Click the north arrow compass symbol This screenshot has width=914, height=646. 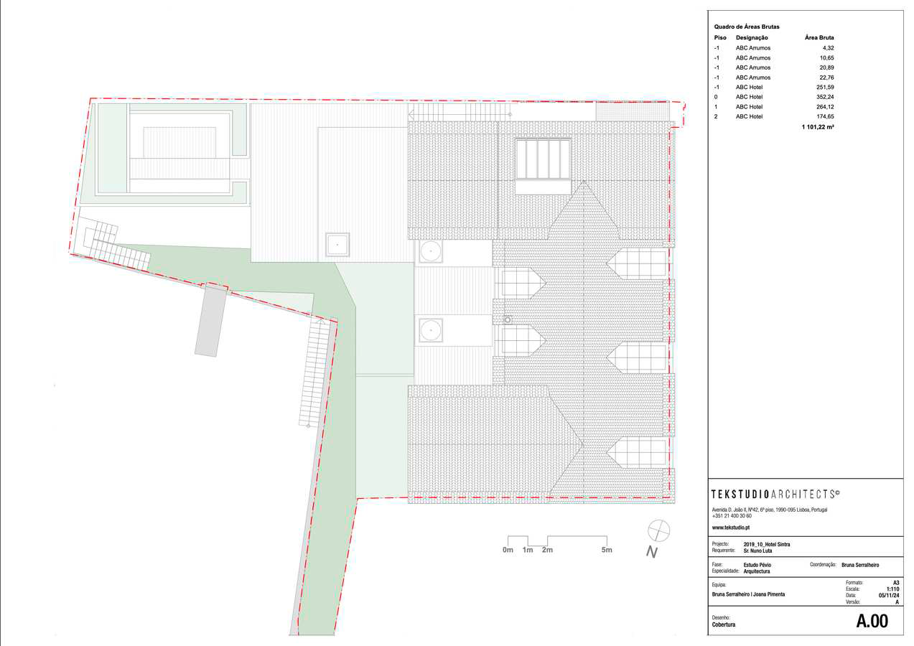click(658, 531)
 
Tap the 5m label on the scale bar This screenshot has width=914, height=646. click(607, 551)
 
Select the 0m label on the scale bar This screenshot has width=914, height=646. click(508, 551)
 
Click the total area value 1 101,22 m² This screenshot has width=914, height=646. click(818, 126)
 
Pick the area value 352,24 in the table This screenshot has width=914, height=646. click(823, 97)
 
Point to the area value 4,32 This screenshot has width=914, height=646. click(828, 48)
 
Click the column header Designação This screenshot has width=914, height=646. click(752, 38)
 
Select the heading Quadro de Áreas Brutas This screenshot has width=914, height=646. click(747, 27)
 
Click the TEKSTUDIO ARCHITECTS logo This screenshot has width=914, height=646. click(775, 494)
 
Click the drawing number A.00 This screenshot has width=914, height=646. click(872, 622)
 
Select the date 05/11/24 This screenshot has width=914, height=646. click(888, 595)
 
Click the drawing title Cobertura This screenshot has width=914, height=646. click(724, 624)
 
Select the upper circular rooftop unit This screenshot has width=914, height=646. click(430, 251)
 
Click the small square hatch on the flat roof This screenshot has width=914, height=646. click(337, 245)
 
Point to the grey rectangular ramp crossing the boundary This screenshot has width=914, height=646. click(210, 320)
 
